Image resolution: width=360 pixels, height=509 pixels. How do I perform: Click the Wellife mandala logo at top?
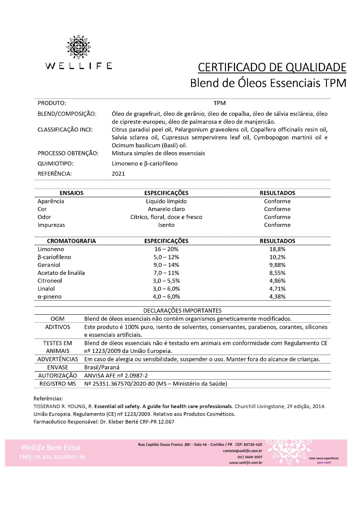(x=79, y=47)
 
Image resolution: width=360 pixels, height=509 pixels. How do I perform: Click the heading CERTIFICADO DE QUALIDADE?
(x=272, y=67)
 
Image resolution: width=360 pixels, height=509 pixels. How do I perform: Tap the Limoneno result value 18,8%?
(x=277, y=249)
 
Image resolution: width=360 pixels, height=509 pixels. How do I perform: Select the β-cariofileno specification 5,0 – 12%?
(x=166, y=257)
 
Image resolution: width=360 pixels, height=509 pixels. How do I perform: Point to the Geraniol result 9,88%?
(x=277, y=265)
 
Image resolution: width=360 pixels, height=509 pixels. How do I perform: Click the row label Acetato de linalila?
(x=61, y=273)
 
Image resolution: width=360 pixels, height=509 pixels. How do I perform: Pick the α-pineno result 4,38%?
(x=277, y=296)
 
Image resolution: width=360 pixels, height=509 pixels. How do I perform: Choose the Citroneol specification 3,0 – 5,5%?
(x=166, y=281)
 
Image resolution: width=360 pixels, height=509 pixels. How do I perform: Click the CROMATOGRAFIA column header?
(x=71, y=241)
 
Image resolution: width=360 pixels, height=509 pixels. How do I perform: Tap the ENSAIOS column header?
(x=71, y=193)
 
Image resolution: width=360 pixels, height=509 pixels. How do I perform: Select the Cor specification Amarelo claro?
(x=166, y=209)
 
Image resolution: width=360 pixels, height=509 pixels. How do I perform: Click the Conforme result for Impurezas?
(x=277, y=225)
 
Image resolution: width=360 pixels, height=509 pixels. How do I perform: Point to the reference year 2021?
(x=118, y=173)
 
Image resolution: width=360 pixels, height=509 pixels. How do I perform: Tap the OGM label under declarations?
(x=57, y=319)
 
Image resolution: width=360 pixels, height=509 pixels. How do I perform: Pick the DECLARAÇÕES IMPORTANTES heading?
(x=183, y=310)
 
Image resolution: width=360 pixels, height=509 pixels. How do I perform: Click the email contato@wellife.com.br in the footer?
(x=242, y=451)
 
